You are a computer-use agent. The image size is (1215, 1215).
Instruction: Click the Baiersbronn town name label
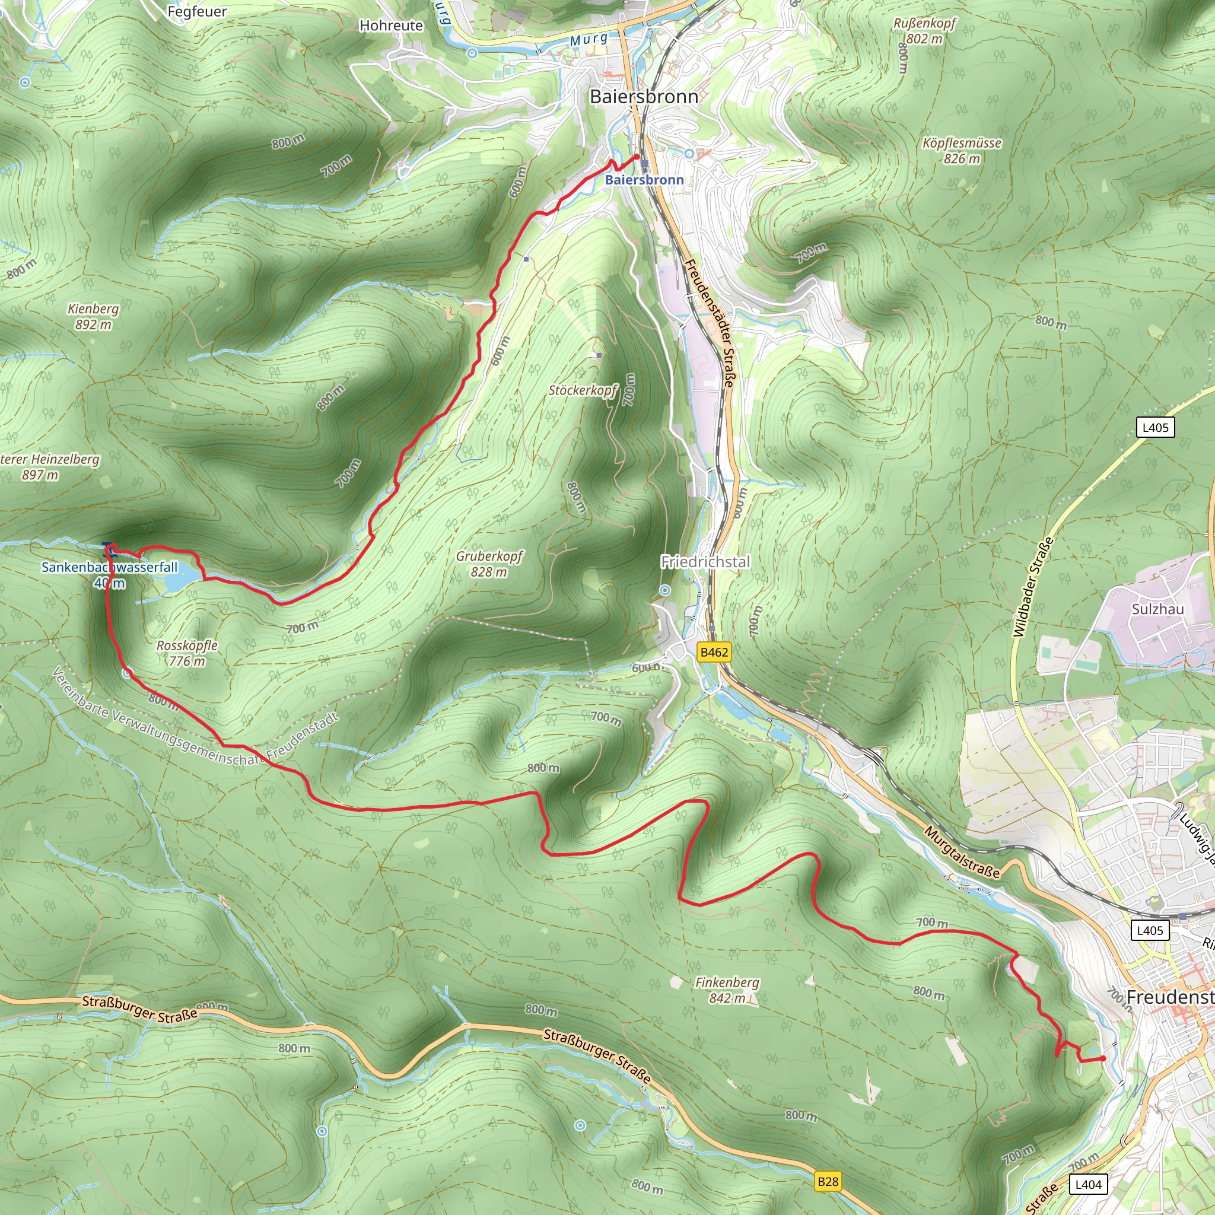[x=644, y=97]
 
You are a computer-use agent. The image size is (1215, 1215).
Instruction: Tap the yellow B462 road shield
[x=714, y=652]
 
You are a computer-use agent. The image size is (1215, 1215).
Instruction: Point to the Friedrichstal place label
[x=705, y=562]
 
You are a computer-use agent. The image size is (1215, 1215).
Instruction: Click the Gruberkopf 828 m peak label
[x=489, y=564]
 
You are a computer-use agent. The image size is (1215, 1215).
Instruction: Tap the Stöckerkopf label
[x=583, y=390]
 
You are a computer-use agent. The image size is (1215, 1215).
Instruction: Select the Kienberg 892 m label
[x=93, y=316]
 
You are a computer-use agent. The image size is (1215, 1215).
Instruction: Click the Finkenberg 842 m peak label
[x=727, y=990]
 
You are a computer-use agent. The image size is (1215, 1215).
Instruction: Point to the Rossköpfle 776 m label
[x=187, y=653]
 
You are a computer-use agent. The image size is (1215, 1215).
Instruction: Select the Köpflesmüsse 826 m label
[x=962, y=150]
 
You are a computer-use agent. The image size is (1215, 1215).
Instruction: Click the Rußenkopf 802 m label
[x=924, y=31]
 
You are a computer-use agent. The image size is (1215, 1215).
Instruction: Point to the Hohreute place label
[x=391, y=26]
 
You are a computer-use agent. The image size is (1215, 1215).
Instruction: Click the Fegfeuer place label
[x=197, y=11]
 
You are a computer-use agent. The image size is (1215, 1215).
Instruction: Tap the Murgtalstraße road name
[x=962, y=851]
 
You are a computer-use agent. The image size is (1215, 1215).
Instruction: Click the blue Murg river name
[x=589, y=40]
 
